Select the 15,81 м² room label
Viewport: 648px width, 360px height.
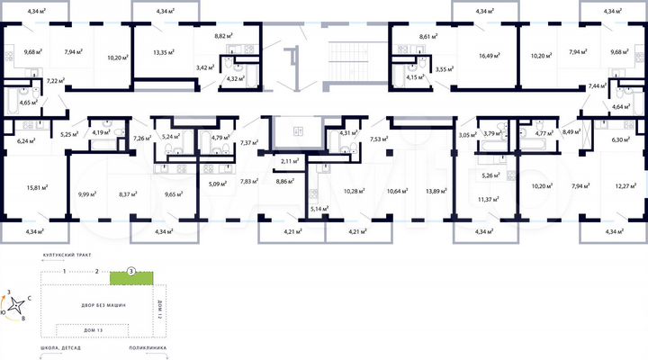pos(37,187)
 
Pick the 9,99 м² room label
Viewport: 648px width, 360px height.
pos(87,193)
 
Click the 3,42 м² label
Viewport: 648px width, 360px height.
pos(206,67)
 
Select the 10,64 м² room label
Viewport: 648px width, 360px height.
pos(394,191)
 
